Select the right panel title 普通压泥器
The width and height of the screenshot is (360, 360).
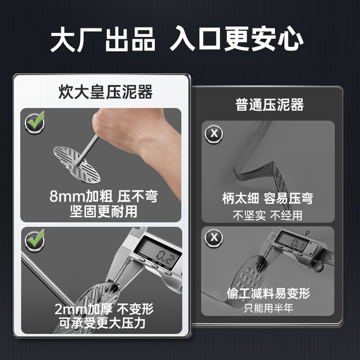coord(270,105)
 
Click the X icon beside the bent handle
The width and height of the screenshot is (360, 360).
coord(214,133)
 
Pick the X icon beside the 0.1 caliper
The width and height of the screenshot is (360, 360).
coord(214,238)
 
